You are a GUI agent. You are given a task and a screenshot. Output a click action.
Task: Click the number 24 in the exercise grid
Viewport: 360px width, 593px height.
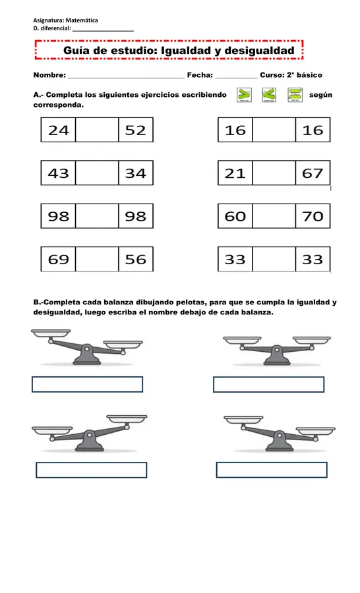pyautogui.click(x=59, y=130)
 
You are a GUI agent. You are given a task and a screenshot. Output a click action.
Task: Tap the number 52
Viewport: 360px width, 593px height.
pyautogui.click(x=135, y=130)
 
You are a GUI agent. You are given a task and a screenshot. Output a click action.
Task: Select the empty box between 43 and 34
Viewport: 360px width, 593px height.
pyautogui.click(x=97, y=173)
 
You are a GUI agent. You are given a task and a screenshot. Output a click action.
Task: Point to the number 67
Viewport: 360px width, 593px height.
pyautogui.click(x=313, y=173)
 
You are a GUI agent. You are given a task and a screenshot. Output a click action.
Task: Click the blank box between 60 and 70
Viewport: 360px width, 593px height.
pyautogui.click(x=274, y=216)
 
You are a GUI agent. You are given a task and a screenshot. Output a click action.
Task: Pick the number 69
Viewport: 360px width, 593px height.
pyautogui.click(x=59, y=259)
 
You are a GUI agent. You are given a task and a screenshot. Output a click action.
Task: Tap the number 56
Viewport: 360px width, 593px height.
pyautogui.click(x=135, y=259)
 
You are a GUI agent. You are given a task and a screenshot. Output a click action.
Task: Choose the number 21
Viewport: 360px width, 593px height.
pyautogui.click(x=235, y=173)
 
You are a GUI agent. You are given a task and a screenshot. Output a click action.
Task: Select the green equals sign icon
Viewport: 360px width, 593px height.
pyautogui.click(x=295, y=95)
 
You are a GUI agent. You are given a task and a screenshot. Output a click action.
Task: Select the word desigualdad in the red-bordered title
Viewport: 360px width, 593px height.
pyautogui.click(x=261, y=51)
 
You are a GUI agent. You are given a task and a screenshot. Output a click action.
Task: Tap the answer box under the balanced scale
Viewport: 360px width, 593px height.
pyautogui.click(x=268, y=384)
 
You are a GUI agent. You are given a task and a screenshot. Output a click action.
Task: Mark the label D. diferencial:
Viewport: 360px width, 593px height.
pyautogui.click(x=51, y=29)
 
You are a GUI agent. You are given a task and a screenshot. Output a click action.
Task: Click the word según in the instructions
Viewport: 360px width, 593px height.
pyautogui.click(x=320, y=95)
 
